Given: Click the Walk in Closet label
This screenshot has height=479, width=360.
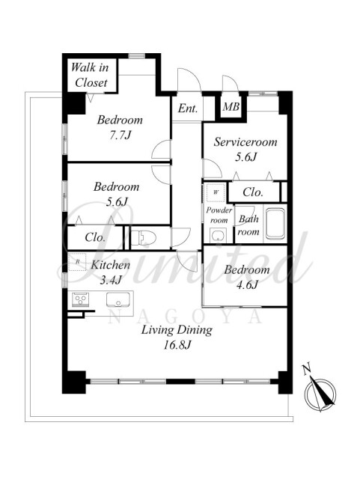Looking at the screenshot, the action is [90, 75].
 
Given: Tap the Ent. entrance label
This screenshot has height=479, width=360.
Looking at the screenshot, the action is [188, 108].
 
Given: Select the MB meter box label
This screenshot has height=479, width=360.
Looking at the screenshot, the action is [231, 106].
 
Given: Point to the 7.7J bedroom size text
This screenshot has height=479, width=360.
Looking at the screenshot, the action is [120, 135].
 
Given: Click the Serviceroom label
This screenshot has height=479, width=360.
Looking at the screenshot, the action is [245, 142].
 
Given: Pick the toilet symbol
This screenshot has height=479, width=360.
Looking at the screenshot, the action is [144, 238].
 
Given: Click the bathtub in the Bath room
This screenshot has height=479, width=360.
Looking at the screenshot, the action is [275, 223].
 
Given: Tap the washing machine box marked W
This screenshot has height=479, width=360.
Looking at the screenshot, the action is [216, 192].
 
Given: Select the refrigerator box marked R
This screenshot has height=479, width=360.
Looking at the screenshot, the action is [77, 262].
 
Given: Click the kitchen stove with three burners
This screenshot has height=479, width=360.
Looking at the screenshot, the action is [80, 299].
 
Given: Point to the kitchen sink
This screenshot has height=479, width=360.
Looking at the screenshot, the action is [118, 299].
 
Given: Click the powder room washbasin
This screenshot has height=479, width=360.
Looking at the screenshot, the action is [219, 235].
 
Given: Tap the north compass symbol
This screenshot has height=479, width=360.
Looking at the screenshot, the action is [320, 394].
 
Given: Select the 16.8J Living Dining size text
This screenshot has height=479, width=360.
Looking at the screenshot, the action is [177, 345].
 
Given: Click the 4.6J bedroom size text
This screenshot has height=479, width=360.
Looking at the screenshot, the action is [247, 284].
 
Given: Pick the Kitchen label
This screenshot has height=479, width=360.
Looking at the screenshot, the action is [111, 265].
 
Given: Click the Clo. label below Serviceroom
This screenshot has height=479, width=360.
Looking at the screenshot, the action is [253, 192].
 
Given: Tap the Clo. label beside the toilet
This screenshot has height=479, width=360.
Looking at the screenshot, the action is [95, 237].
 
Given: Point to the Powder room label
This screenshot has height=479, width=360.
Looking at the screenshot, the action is [219, 215].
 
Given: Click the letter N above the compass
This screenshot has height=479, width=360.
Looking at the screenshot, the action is [307, 369].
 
